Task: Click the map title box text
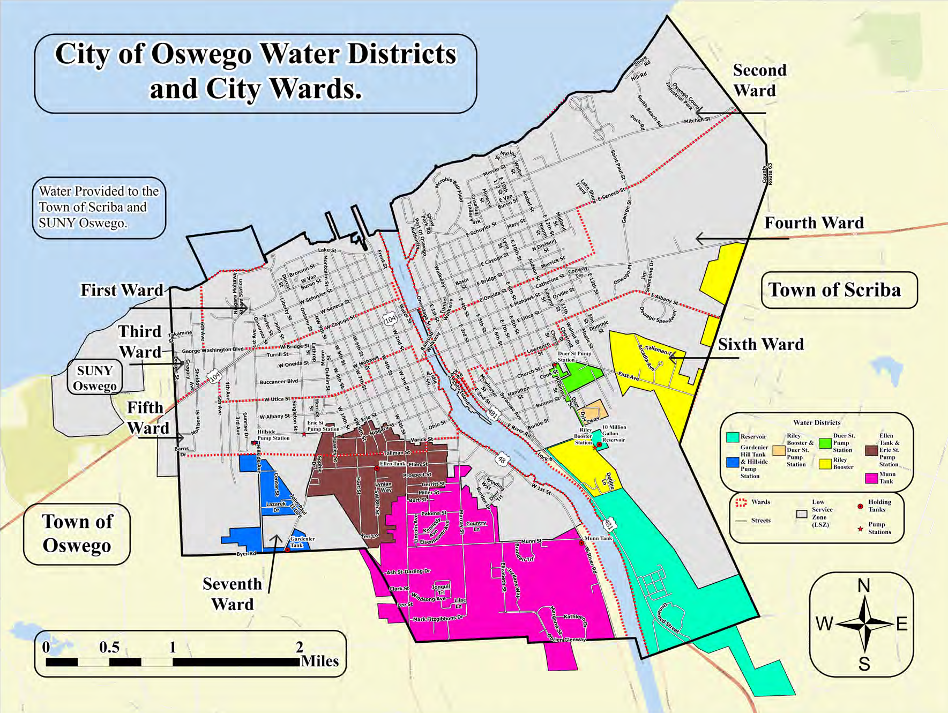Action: pyautogui.click(x=256, y=72)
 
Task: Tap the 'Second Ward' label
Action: pyautogui.click(x=759, y=80)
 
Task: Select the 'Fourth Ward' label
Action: pyautogui.click(x=813, y=222)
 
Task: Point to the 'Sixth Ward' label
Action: pyautogui.click(x=760, y=344)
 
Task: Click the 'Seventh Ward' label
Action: pyautogui.click(x=232, y=594)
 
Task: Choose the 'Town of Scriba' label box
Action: pyautogui.click(x=839, y=290)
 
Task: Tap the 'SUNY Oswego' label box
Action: pyautogui.click(x=95, y=378)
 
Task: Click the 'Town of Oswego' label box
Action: pyautogui.click(x=77, y=533)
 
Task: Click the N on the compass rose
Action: pyautogui.click(x=863, y=585)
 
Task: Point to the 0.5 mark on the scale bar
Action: pyautogui.click(x=109, y=648)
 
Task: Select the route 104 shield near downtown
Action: pyautogui.click(x=390, y=319)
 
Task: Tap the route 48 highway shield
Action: pyautogui.click(x=501, y=459)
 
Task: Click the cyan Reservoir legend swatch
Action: pyautogui.click(x=733, y=437)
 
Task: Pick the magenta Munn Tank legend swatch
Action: pyautogui.click(x=871, y=477)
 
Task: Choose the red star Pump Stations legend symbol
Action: pyautogui.click(x=860, y=529)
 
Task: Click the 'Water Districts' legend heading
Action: pyautogui.click(x=817, y=422)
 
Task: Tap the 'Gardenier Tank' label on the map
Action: pyautogui.click(x=302, y=542)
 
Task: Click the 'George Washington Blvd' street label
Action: pyautogui.click(x=213, y=350)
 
